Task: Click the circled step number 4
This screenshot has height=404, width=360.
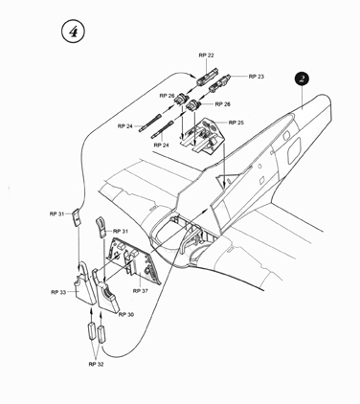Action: tap(73, 32)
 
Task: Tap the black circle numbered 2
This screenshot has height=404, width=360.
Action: tap(302, 79)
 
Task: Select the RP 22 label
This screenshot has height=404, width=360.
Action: tap(206, 56)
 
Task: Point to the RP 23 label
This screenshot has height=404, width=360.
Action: tap(257, 77)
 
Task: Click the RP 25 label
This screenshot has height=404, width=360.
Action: tap(236, 123)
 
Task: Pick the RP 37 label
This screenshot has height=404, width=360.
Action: tap(141, 291)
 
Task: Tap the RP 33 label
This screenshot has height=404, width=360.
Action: tap(58, 292)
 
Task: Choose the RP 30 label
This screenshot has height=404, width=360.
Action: tap(126, 315)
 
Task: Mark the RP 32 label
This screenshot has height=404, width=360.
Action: tap(96, 365)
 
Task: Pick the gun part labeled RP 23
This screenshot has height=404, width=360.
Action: tap(219, 82)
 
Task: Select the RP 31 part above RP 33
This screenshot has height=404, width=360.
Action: tap(76, 217)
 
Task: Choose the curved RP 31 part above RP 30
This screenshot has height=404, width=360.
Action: tap(101, 227)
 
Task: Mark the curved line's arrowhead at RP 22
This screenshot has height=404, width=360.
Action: tap(193, 77)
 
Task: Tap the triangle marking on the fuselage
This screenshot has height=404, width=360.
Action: tap(226, 181)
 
